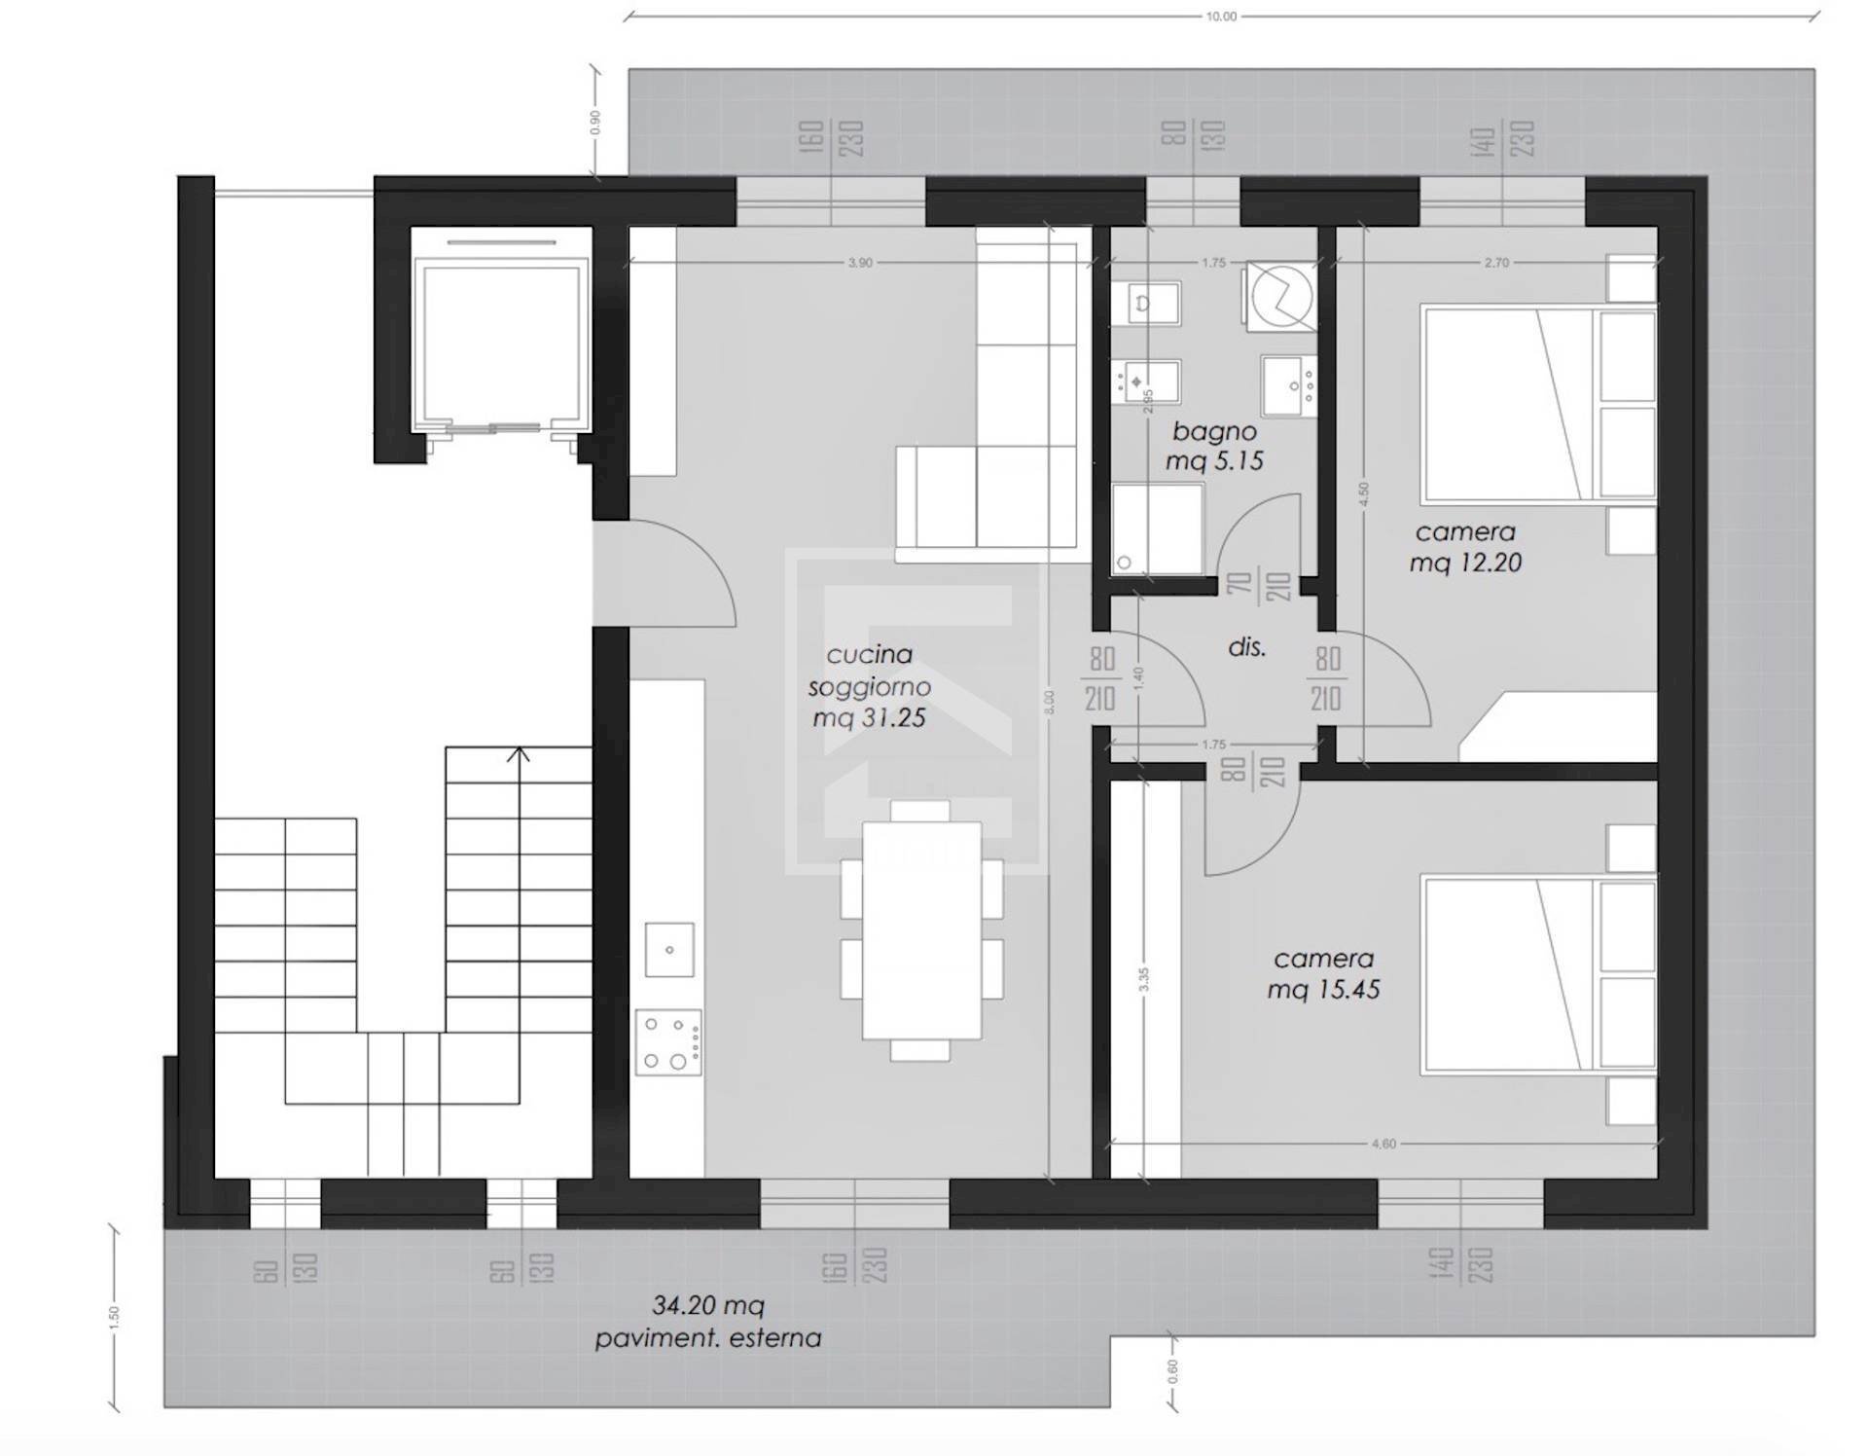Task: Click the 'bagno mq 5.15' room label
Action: click(1214, 446)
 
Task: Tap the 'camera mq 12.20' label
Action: click(1465, 547)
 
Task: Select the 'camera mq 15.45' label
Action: click(1323, 974)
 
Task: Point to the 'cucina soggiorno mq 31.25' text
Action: click(869, 686)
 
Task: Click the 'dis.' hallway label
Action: click(1246, 647)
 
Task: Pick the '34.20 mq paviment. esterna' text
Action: click(708, 1322)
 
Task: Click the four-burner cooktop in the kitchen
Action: click(668, 1042)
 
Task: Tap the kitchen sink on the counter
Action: click(669, 950)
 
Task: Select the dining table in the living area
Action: click(920, 930)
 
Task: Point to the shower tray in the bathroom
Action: click(1157, 528)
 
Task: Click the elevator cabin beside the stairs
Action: click(501, 331)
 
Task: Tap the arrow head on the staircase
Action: click(520, 754)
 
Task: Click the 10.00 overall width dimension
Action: click(1221, 17)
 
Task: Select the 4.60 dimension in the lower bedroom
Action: click(1383, 1144)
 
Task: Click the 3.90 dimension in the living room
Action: click(860, 263)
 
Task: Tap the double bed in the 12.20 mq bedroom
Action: click(1537, 405)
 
